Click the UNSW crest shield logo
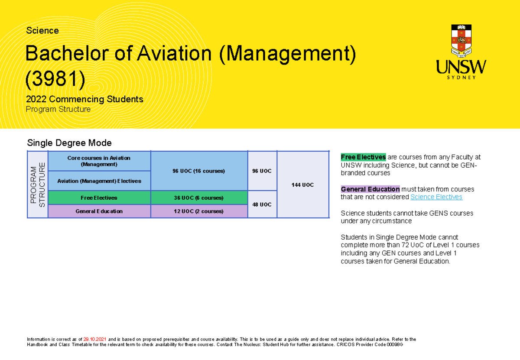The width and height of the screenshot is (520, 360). [461, 41]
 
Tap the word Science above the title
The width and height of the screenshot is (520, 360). [42, 31]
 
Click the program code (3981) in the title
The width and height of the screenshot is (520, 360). [55, 78]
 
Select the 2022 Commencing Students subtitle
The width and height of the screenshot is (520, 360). [84, 99]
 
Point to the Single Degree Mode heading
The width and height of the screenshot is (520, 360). [69, 143]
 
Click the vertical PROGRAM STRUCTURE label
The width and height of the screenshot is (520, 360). [38, 185]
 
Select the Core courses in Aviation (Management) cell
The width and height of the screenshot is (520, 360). [99, 161]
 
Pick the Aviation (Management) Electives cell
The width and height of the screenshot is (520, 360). [99, 181]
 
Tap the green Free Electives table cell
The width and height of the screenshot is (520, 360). [99, 198]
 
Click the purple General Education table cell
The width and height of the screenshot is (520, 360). [99, 211]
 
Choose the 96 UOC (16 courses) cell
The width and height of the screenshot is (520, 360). [199, 171]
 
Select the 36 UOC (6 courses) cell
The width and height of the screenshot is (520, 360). [199, 198]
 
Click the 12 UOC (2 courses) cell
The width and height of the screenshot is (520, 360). [199, 211]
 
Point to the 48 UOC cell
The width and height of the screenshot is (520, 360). [262, 204]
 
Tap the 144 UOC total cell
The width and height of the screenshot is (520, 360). [302, 185]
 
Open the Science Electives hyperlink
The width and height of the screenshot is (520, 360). [436, 197]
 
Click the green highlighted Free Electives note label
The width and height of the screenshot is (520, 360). [363, 157]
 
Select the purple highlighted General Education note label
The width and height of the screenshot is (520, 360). [370, 189]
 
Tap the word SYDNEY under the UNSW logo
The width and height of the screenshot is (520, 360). [461, 78]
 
